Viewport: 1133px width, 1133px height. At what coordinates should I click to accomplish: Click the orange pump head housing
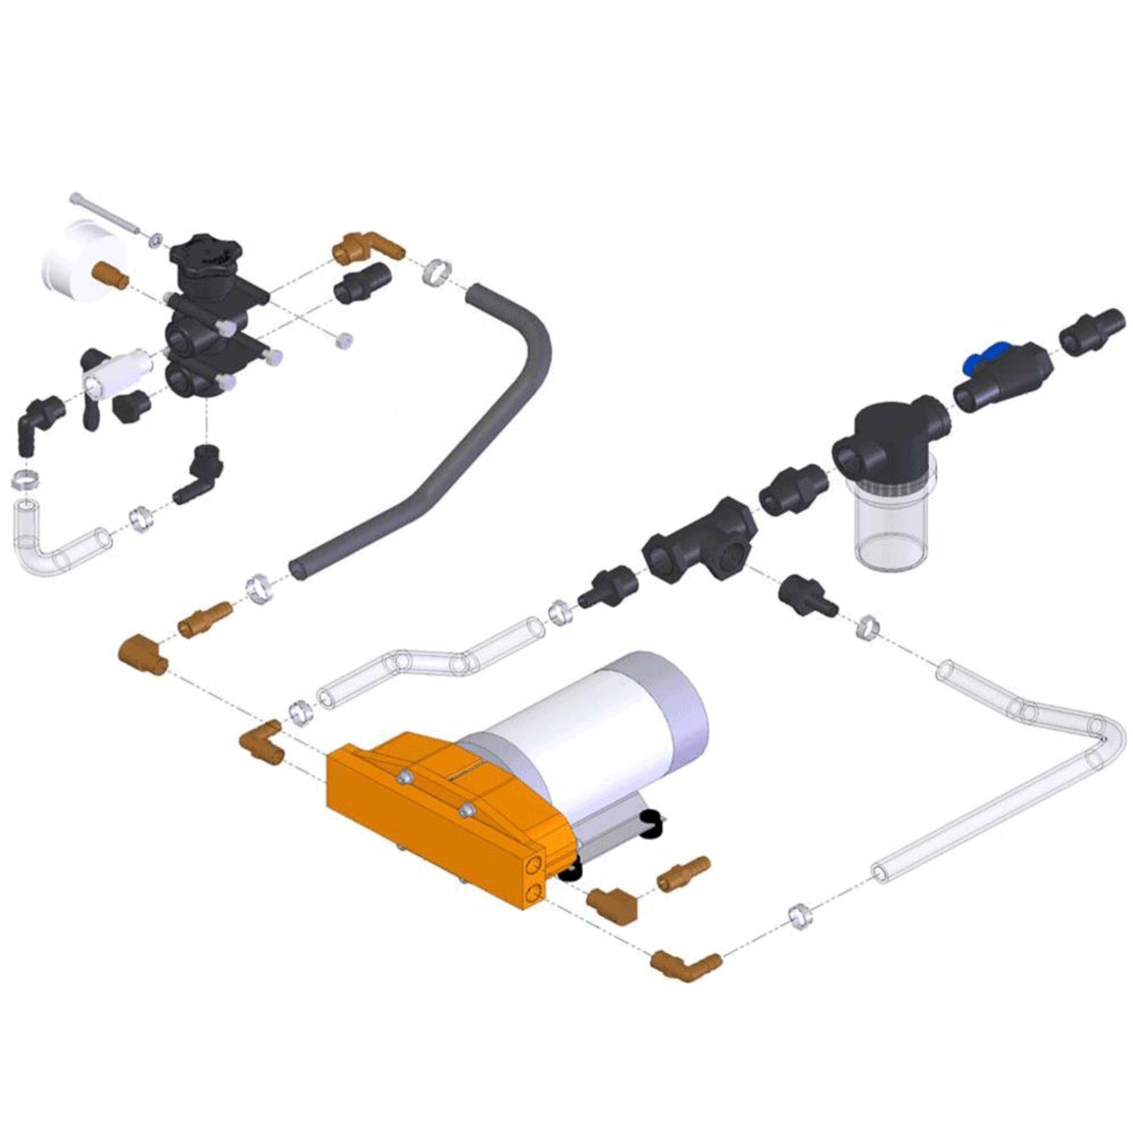point(435,816)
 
